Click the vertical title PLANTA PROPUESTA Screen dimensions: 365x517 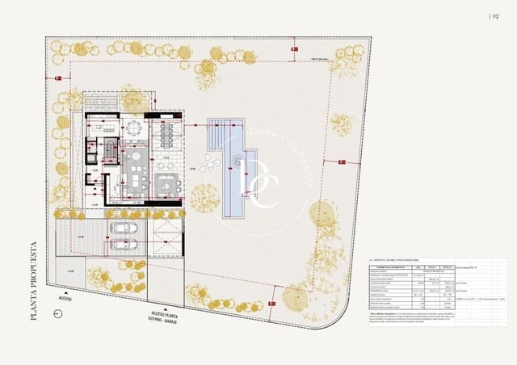click(x=34, y=279)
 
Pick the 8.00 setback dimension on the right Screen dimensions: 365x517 click(x=342, y=162)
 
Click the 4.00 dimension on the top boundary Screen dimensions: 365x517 click(x=294, y=50)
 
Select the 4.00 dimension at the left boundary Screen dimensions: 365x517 click(x=57, y=78)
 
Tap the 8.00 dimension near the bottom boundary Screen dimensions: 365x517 click(x=271, y=304)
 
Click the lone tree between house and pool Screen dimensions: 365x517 click(x=205, y=196)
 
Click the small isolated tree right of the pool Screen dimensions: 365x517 click(x=342, y=124)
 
